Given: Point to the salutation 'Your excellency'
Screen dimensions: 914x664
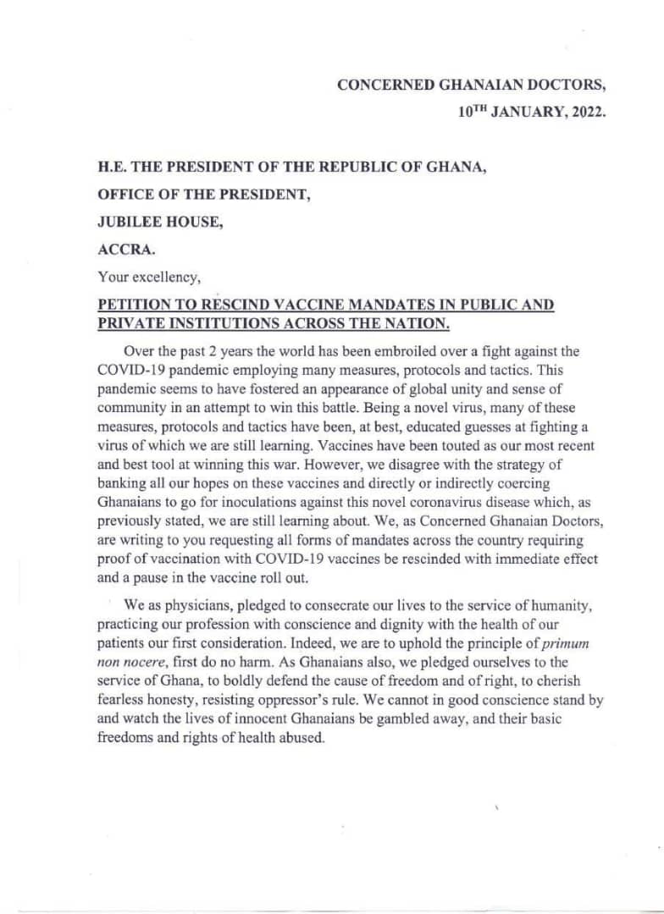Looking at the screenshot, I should point(149,278).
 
